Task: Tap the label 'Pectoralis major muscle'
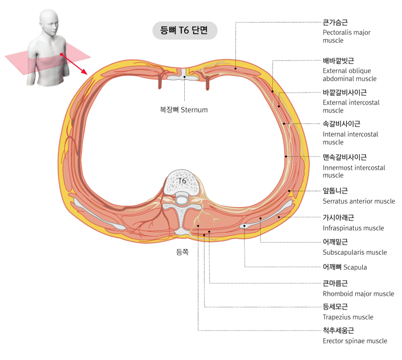[346, 32]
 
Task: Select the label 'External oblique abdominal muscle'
[349, 70]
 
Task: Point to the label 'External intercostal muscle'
[351, 102]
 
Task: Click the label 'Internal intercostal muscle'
[350, 134]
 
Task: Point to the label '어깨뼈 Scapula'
[345, 267]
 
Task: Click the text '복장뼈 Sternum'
[184, 110]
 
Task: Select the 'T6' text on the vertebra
[182, 180]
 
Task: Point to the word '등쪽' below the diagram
[183, 252]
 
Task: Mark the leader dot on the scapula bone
[244, 226]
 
